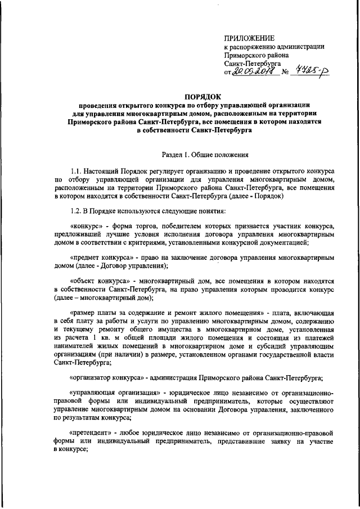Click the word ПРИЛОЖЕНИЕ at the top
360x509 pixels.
click(250, 38)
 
